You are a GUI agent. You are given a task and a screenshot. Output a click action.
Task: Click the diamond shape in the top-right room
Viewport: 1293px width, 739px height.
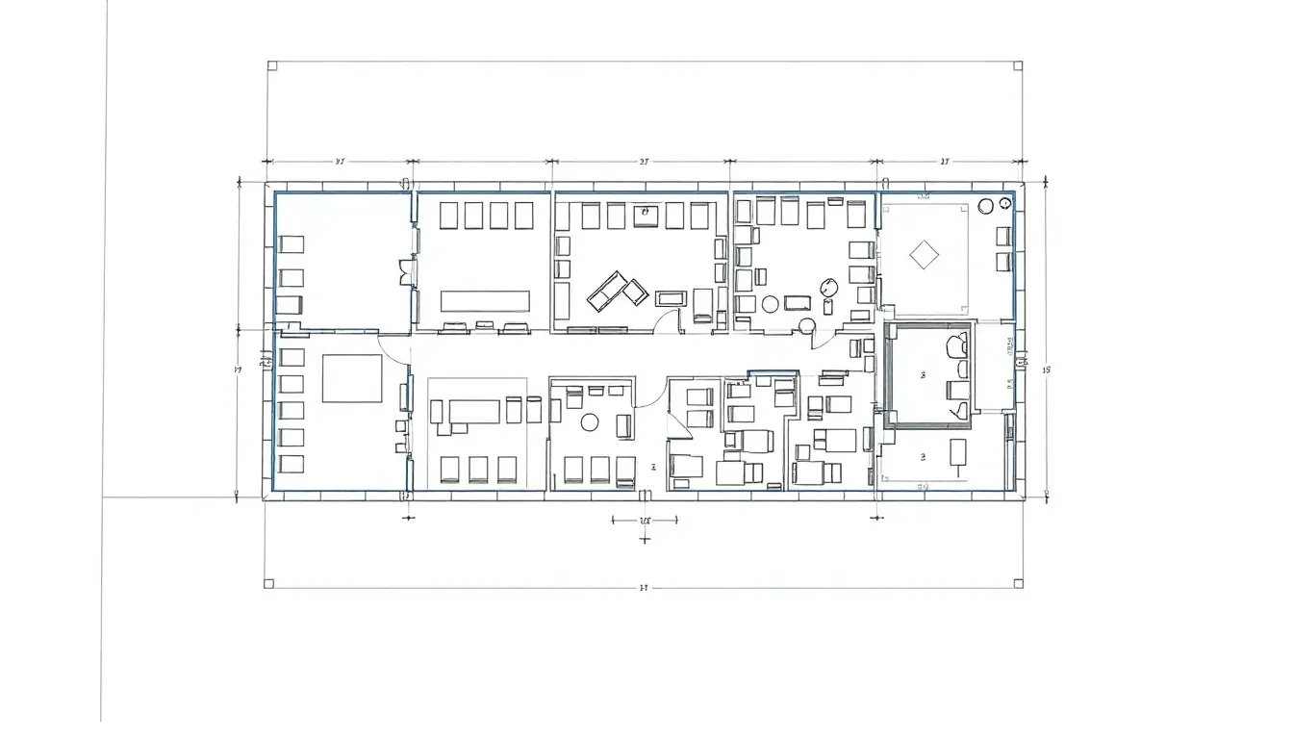pos(924,255)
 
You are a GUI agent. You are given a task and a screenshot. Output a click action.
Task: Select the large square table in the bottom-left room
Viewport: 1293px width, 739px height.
pos(351,378)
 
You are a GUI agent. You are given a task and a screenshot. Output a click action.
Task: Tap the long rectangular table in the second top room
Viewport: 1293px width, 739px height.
pos(486,300)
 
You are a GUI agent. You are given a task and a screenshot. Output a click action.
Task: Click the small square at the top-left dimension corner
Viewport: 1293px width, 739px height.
pos(271,66)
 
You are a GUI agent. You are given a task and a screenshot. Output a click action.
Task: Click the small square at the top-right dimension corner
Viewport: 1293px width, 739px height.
pos(1017,66)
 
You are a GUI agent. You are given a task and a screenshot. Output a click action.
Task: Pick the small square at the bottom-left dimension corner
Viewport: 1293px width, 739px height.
pos(269,583)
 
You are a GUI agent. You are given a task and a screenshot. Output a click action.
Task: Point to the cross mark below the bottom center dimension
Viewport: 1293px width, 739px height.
pos(645,539)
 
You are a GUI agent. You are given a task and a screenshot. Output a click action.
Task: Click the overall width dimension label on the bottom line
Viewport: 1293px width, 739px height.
pos(643,587)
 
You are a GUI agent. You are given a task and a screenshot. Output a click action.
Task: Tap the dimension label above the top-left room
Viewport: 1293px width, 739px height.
pos(340,162)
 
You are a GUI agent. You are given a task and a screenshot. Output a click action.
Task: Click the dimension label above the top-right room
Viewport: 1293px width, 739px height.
pos(944,162)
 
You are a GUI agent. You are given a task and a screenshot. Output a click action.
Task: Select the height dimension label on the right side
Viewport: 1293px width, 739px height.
pos(1048,369)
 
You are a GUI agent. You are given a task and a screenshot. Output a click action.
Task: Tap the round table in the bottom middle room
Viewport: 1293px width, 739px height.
pos(590,421)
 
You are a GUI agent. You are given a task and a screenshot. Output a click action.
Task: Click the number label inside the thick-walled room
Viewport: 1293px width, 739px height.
pos(923,374)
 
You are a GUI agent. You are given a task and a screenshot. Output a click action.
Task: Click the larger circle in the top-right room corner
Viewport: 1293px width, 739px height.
pos(985,206)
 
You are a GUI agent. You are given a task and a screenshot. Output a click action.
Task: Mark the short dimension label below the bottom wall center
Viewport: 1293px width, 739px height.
pos(645,521)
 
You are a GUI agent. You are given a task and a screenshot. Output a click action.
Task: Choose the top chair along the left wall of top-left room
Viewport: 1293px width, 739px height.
pos(292,244)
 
